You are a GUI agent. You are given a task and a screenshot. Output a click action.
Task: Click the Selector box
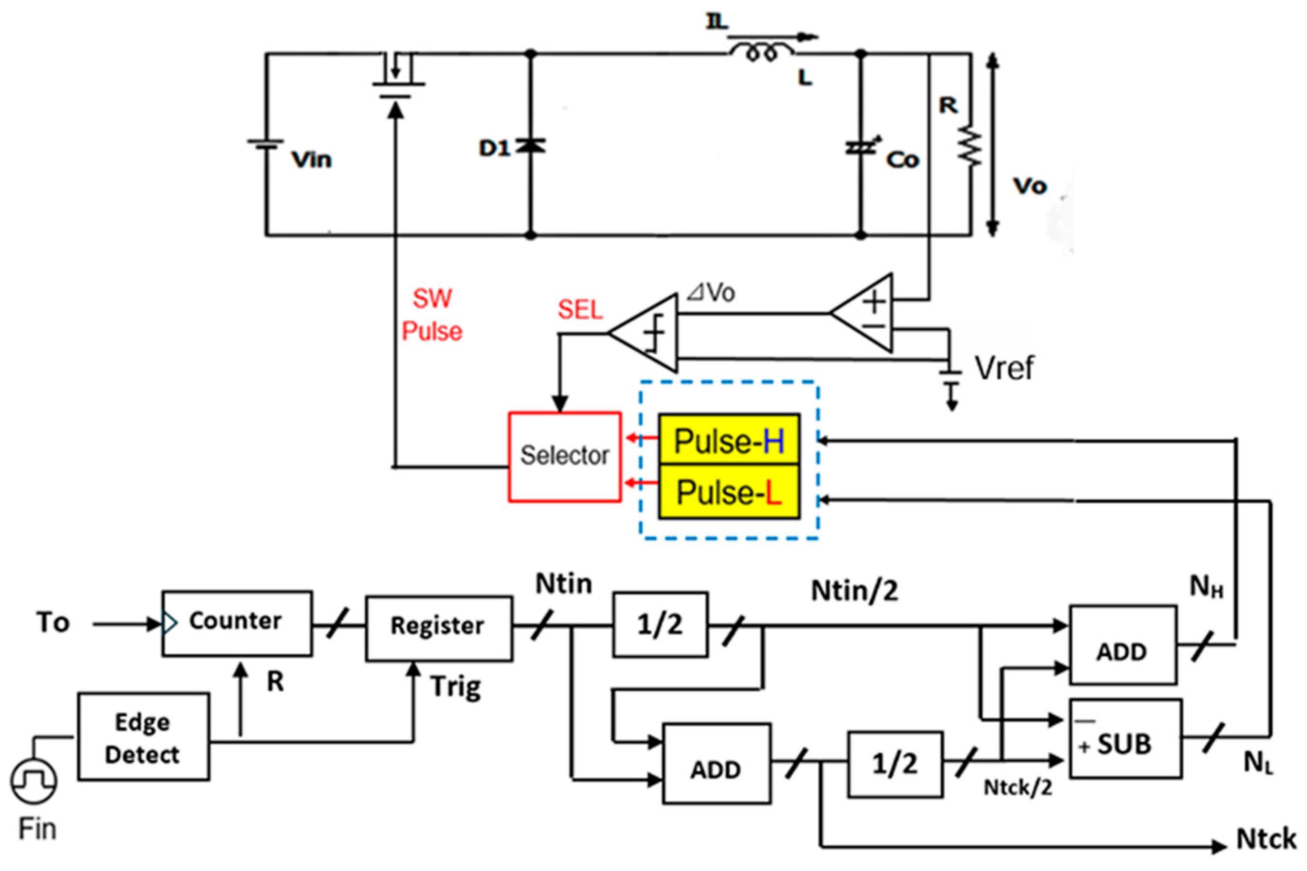tap(564, 457)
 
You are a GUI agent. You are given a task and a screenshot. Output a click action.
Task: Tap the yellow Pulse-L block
tap(729, 492)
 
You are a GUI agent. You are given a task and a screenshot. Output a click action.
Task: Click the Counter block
tap(237, 622)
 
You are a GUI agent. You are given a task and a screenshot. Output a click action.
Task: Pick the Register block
tap(438, 628)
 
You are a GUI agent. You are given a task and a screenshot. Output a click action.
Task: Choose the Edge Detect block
tap(144, 737)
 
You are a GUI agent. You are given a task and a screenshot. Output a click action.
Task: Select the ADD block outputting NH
tap(1123, 644)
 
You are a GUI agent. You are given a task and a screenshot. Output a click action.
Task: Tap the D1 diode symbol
tap(530, 146)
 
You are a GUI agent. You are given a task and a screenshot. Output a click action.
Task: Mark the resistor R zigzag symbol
tap(971, 147)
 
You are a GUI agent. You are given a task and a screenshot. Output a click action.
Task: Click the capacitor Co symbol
tap(860, 148)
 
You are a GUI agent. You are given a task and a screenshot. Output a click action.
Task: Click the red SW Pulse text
tap(432, 315)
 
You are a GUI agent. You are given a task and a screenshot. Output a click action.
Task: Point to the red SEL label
tap(579, 309)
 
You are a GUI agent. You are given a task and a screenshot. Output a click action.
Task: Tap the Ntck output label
tap(1265, 839)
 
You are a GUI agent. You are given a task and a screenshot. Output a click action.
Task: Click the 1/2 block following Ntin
tap(660, 624)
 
